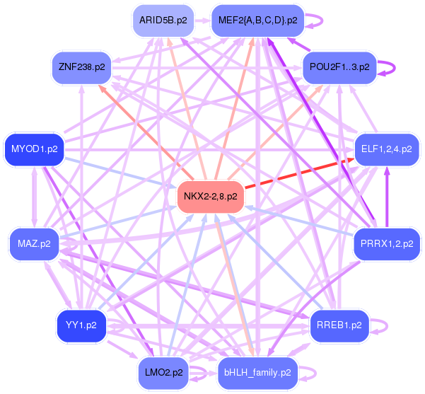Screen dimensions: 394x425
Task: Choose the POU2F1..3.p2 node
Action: pos(340,66)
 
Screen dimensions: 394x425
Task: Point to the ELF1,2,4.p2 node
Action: pos(386,149)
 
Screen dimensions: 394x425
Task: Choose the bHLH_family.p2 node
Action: pos(257,372)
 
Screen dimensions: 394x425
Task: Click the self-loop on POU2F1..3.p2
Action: pos(390,67)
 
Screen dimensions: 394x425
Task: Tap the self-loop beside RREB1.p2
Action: pos(383,327)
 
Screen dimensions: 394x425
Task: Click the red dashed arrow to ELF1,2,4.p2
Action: pos(297,175)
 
